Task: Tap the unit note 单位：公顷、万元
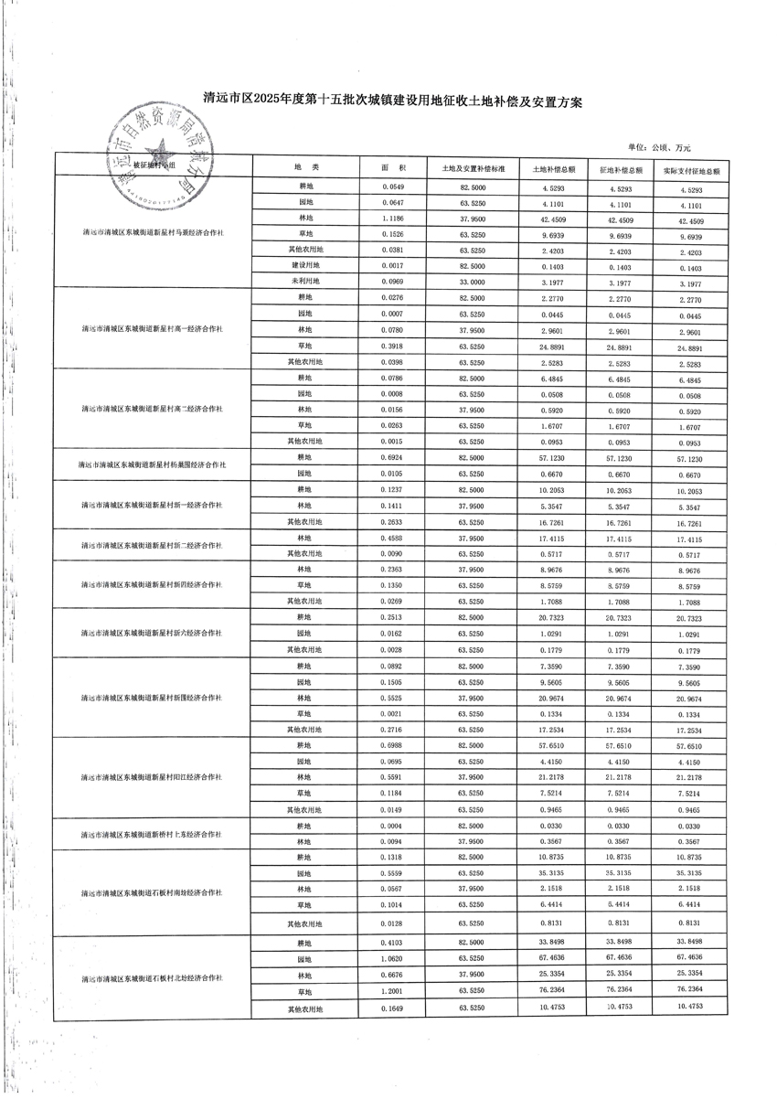pos(659,147)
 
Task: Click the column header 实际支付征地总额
pos(691,170)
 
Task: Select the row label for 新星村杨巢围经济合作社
pos(152,465)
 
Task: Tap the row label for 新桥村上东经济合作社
pos(152,834)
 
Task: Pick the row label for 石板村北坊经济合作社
pos(152,977)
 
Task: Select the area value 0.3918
pos(393,346)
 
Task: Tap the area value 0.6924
pos(393,457)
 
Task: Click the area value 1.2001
pos(393,992)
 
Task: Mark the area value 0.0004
pos(393,827)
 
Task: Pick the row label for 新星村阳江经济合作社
pos(152,777)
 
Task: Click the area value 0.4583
pos(393,538)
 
